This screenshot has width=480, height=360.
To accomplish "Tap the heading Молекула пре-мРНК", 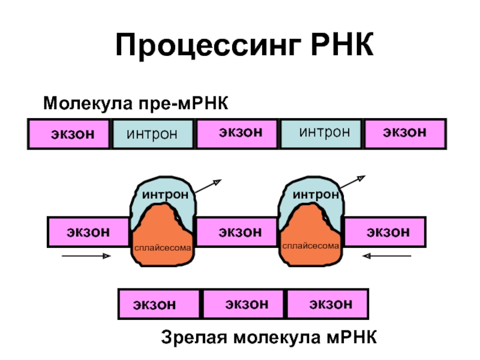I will [x=136, y=103].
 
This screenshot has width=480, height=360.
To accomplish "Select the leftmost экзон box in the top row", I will [x=69, y=134].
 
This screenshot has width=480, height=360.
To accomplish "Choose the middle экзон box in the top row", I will [x=238, y=133].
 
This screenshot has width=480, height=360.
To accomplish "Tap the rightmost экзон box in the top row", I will [x=406, y=133].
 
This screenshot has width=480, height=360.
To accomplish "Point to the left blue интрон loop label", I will [x=165, y=195].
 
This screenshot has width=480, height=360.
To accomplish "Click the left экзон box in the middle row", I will [x=88, y=232].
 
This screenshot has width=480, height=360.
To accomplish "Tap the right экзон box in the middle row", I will [x=385, y=232].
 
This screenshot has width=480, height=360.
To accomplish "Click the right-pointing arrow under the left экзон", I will [x=86, y=256].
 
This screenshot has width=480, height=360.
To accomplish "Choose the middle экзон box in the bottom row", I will [x=245, y=304].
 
